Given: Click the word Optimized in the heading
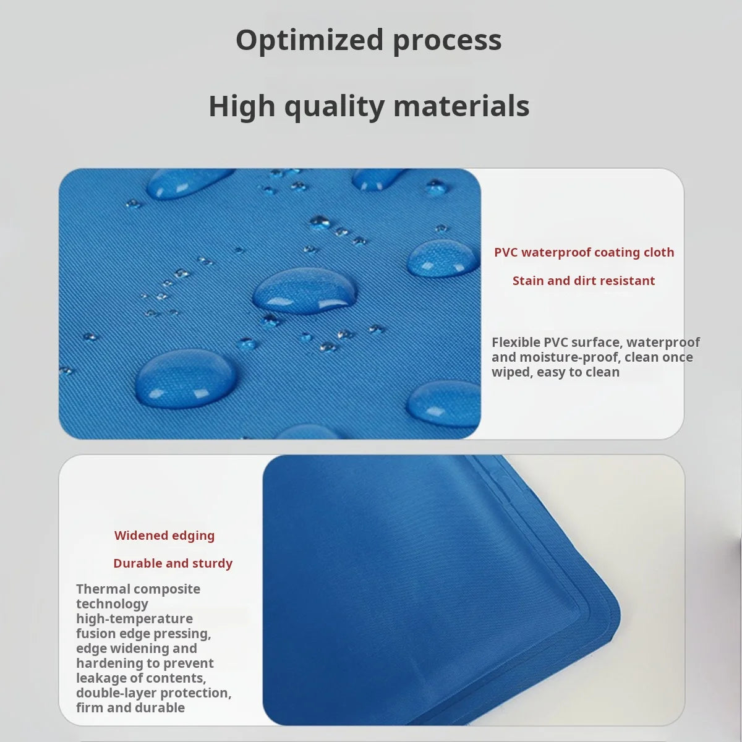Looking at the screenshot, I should (x=309, y=40).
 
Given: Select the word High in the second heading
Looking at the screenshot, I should (x=242, y=106).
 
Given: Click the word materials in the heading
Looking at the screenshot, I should (x=461, y=106).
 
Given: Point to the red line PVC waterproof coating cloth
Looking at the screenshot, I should (x=584, y=252).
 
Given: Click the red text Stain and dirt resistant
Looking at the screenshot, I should (x=583, y=281).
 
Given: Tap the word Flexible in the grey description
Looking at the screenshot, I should (x=516, y=342).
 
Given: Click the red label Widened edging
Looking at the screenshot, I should (x=164, y=535).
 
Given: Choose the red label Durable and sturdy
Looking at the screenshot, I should (x=173, y=563).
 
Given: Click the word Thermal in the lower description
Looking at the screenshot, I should (x=101, y=589).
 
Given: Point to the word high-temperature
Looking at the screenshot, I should (x=134, y=618).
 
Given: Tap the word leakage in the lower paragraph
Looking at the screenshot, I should (x=100, y=678).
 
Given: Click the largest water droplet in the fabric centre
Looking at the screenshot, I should (x=305, y=289).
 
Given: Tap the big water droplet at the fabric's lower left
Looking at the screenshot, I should (x=185, y=377).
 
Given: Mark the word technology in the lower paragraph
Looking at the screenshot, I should (x=112, y=603).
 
